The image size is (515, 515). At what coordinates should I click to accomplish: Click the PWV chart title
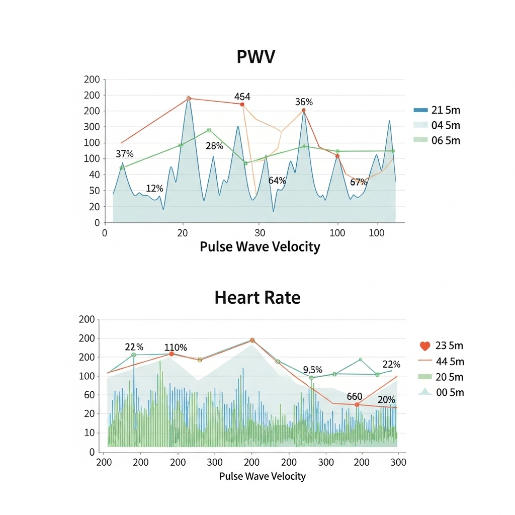[x=256, y=57]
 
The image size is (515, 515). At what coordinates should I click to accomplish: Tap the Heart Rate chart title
[x=257, y=297]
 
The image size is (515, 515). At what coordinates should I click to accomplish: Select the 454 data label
[x=242, y=97]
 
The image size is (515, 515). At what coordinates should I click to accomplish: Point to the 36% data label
[x=304, y=102]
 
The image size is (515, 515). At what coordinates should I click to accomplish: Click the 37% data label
[x=124, y=154]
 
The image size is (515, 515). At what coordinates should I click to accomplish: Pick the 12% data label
[x=154, y=189]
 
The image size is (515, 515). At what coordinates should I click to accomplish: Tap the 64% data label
[x=277, y=181]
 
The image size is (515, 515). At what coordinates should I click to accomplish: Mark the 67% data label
[x=359, y=182]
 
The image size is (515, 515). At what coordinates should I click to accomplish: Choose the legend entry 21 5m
[x=446, y=110]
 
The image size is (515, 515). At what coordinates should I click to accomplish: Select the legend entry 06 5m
[x=446, y=140]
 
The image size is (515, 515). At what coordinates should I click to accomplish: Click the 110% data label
[x=176, y=348]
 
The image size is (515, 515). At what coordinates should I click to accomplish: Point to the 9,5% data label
[x=312, y=370]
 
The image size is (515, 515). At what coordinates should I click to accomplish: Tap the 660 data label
[x=355, y=397]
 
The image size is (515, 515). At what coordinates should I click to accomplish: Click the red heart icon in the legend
[x=425, y=346]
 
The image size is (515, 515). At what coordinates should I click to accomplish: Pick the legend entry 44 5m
[x=449, y=361]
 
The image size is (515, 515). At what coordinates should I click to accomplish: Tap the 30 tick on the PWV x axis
[x=260, y=233]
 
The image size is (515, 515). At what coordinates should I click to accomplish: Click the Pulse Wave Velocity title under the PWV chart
[x=260, y=246]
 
